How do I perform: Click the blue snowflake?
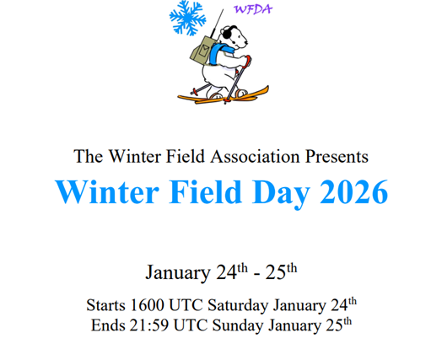pos(187,18)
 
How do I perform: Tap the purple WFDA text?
pos(253,9)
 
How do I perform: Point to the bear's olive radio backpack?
pos(202,50)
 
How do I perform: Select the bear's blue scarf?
pos(220,52)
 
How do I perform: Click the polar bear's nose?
pos(246,43)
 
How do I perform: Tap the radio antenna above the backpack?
pos(217,23)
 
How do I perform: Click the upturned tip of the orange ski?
pos(267,88)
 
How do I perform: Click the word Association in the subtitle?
pos(255,156)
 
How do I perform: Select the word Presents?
pos(337,156)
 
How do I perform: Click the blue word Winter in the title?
pos(107,191)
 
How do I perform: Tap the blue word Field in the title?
pos(205,191)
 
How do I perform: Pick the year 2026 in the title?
pos(353,191)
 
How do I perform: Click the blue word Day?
pos(281,193)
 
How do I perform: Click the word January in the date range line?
pos(178,272)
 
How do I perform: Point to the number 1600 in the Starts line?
pos(148,305)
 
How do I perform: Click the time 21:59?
pos(149,325)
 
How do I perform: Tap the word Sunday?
pos(238,326)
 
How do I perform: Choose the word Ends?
pos(108,325)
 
